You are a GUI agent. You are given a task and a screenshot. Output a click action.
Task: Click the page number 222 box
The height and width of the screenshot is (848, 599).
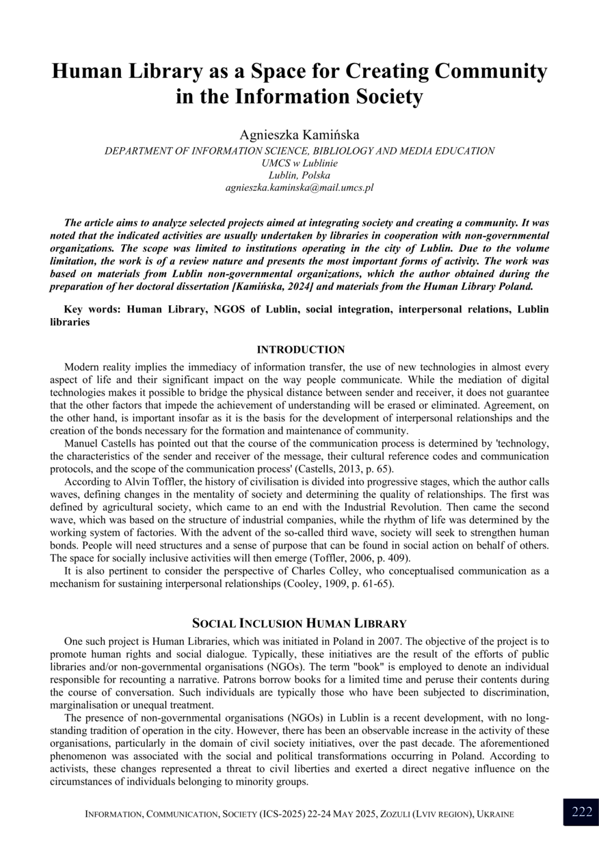point(582,812)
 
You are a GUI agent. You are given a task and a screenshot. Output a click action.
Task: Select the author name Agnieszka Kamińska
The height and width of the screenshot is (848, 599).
point(299,134)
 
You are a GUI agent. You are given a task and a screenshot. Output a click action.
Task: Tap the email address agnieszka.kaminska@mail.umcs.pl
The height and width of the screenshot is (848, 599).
point(299,187)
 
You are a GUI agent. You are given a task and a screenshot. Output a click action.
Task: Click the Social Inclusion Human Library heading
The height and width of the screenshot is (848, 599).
point(299,623)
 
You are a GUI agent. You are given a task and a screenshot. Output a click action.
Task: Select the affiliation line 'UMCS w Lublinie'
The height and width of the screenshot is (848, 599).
point(299,163)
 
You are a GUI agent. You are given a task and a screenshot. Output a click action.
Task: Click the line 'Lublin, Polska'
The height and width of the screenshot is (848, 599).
point(299,175)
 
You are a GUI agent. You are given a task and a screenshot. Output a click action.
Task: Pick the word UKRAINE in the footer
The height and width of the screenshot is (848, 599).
point(495,814)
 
